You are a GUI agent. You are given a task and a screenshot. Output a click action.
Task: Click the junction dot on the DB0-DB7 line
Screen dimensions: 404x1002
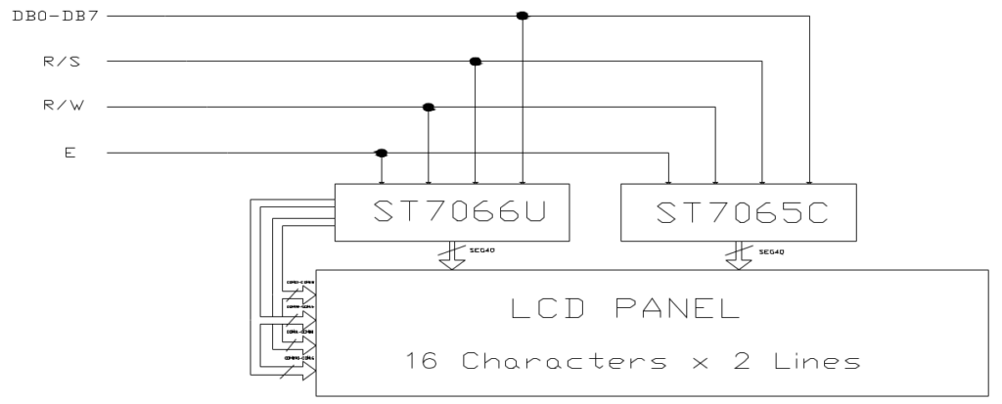pos(523,16)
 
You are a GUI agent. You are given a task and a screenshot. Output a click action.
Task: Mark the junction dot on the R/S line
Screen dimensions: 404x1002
pos(476,62)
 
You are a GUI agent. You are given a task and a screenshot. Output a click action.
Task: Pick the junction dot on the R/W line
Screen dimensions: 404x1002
pos(428,107)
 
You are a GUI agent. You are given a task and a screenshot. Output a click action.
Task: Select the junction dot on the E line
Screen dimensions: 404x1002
pos(381,153)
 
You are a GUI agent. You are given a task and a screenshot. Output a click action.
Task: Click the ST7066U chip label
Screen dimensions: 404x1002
pos(452,211)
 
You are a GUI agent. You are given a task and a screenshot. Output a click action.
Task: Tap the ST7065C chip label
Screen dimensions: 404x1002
pos(740,211)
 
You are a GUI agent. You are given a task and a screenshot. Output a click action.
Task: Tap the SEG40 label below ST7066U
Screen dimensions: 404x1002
pos(477,252)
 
